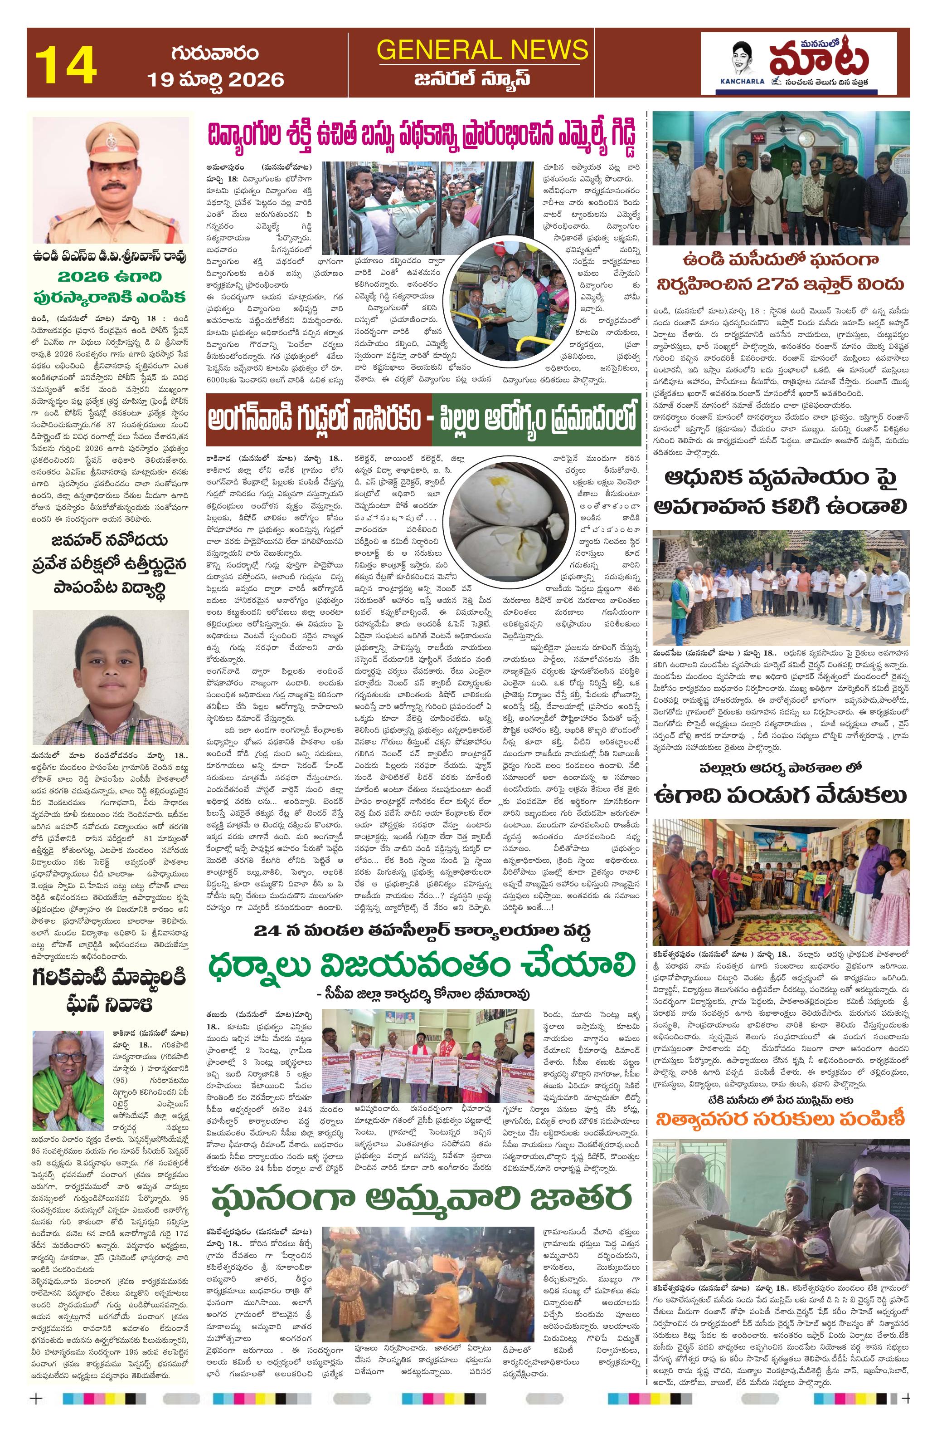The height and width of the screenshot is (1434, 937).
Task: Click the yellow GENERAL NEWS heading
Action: click(482, 49)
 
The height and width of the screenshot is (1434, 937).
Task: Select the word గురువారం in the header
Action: click(214, 53)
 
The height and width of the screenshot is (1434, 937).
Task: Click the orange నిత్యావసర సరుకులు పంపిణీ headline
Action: click(781, 1119)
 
